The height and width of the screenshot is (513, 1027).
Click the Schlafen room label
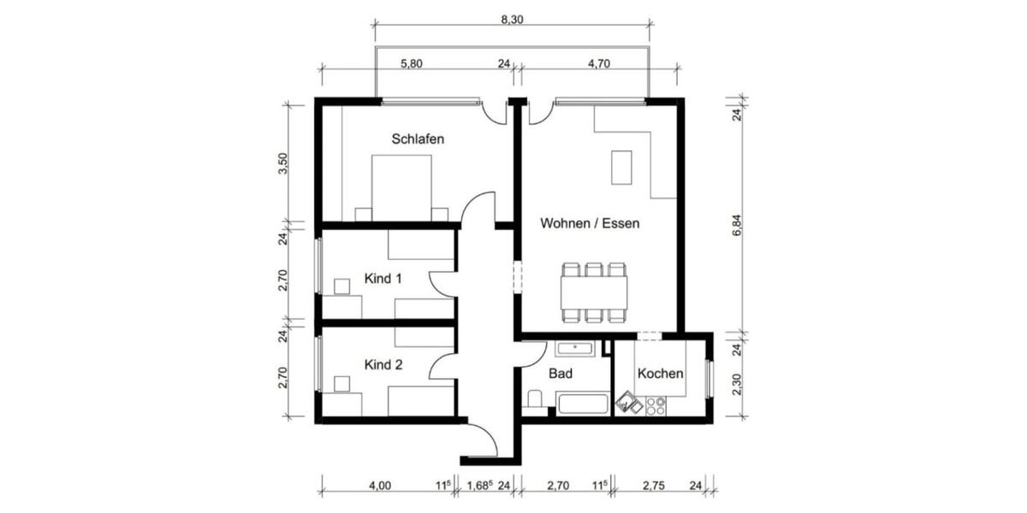pos(418,139)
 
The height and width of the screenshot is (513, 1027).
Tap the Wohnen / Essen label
pos(590,223)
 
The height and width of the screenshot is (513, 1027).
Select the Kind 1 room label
pos(383,279)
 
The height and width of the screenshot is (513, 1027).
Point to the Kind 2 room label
pos(383,365)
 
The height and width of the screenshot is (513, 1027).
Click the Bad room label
pos(561,374)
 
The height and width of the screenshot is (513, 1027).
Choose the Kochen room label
pos(660,374)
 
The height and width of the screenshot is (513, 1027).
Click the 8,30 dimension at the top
pos(511,20)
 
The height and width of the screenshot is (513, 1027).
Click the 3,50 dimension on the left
pos(283,162)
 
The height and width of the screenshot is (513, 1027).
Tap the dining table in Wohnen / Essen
pos(594,292)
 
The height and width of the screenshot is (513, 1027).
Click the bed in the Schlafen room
pos(401,188)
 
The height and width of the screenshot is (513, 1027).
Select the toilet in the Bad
pos(535,398)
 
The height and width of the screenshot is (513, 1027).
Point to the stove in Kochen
pos(656,405)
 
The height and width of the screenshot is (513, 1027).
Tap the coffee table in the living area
pos(621,168)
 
